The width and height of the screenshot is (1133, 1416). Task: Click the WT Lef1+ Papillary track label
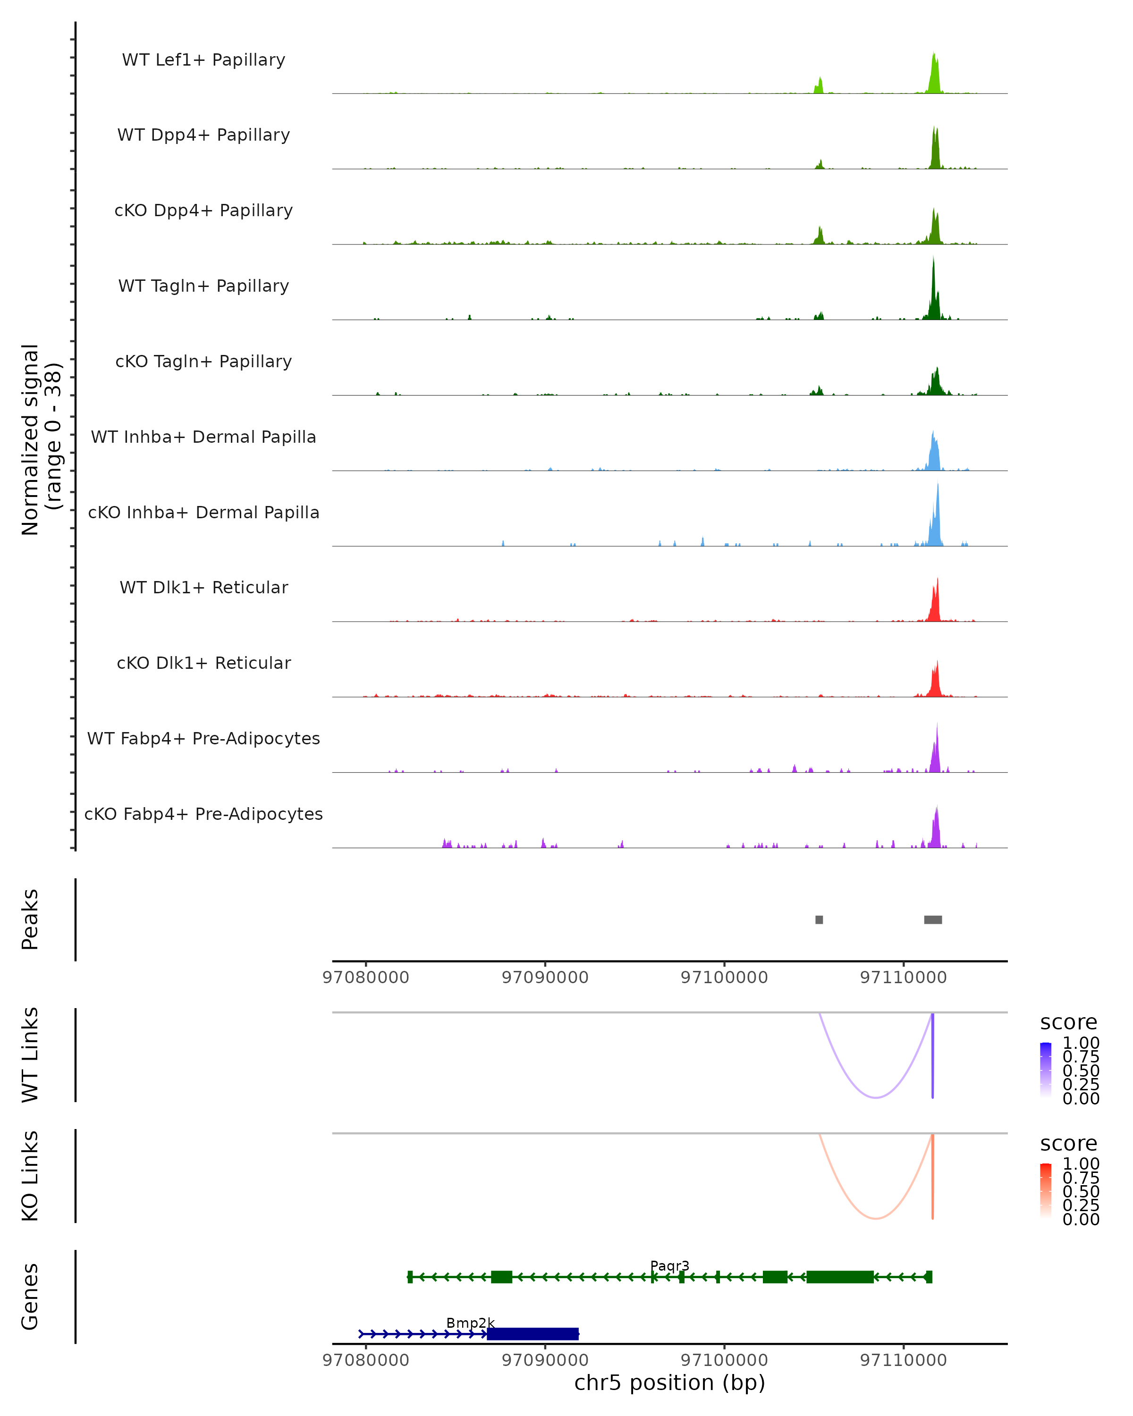(x=203, y=60)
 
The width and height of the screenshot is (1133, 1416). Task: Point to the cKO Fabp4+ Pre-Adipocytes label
(x=203, y=814)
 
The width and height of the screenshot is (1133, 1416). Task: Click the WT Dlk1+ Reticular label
(x=203, y=587)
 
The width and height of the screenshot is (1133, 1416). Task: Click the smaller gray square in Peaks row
(x=819, y=919)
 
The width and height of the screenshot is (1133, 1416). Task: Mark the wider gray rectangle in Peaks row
(x=933, y=919)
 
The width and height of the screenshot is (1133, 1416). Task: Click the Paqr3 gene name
(x=669, y=1265)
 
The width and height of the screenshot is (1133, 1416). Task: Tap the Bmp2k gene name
(x=470, y=1323)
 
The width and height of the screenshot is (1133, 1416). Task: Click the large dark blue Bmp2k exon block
(x=533, y=1334)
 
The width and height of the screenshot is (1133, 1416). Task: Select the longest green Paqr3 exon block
(x=840, y=1277)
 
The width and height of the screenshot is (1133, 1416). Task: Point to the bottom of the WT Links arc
(x=876, y=1097)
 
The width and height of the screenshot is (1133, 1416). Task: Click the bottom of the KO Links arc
(x=876, y=1218)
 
